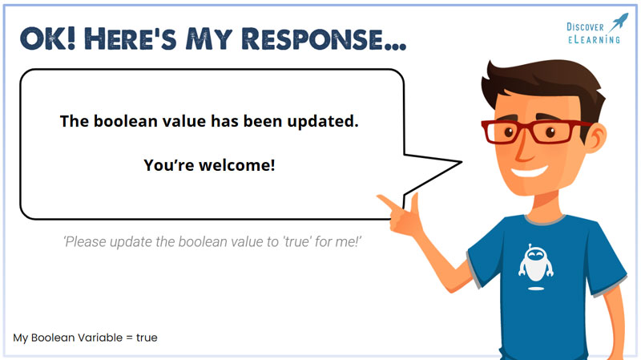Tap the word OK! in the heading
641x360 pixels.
(x=47, y=39)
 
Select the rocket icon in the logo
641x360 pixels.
(x=619, y=22)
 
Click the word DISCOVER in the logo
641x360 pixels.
(x=585, y=27)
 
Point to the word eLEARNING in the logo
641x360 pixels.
(x=594, y=39)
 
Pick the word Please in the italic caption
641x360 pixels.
(x=85, y=242)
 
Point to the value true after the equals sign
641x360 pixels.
(x=147, y=338)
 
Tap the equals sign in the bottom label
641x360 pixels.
(x=129, y=338)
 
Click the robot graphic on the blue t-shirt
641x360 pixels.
(x=535, y=267)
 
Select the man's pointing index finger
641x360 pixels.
(x=389, y=202)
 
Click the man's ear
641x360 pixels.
(x=596, y=138)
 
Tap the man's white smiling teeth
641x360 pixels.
(x=530, y=171)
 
